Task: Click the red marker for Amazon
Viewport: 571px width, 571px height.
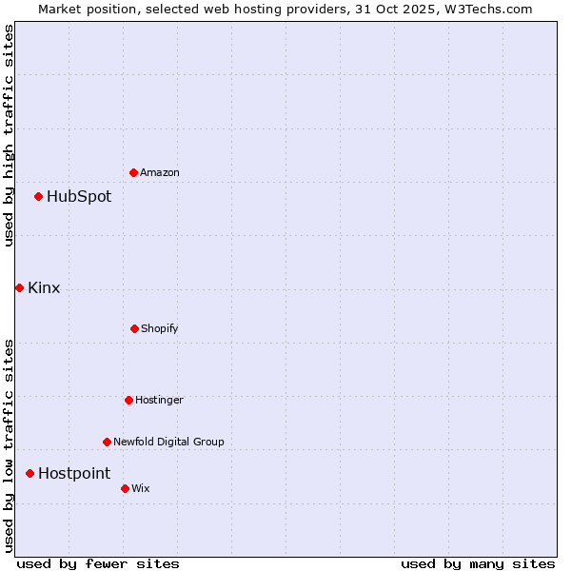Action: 133,172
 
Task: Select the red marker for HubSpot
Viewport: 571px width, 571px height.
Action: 38,197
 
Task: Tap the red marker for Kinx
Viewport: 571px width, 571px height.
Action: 19,287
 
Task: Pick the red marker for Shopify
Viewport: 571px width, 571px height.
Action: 134,328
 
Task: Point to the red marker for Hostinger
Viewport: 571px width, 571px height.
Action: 128,400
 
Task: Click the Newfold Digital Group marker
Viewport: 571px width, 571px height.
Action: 107,442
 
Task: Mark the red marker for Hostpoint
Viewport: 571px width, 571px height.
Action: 30,473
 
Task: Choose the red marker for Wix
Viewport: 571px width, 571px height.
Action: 125,488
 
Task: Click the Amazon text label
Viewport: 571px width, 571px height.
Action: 160,172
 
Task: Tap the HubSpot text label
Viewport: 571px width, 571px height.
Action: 79,197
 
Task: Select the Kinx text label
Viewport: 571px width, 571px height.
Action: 44,287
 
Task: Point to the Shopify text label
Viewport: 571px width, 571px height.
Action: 160,328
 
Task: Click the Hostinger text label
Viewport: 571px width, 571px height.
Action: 159,400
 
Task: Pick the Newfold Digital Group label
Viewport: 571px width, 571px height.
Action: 168,442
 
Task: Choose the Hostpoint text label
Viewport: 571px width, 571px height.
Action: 74,473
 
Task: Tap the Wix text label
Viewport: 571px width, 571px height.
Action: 141,488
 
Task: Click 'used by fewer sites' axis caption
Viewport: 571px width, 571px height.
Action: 98,563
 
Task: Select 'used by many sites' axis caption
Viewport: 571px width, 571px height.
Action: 478,563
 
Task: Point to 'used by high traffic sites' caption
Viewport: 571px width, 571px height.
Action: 9,135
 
